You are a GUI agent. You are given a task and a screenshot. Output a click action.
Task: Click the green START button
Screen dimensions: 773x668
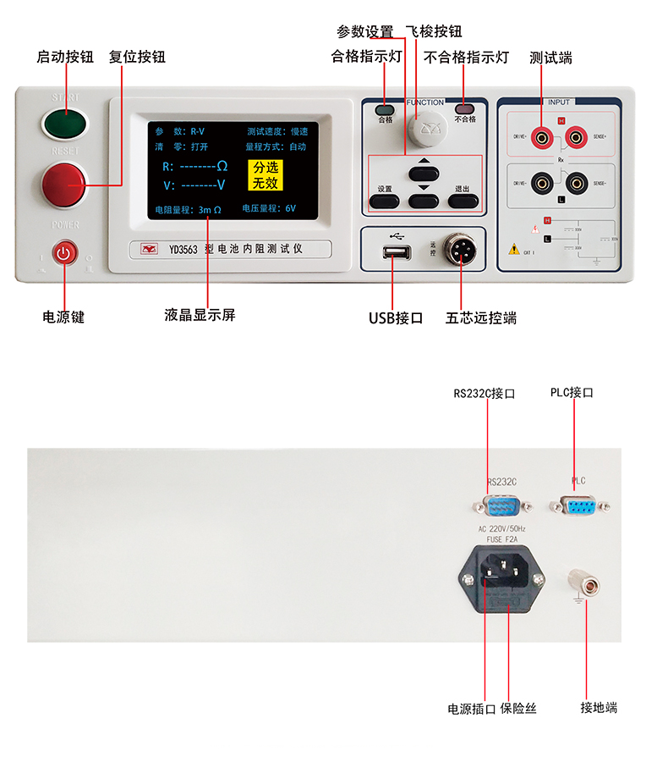(x=65, y=124)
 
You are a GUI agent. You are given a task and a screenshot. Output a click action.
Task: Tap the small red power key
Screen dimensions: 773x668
(x=65, y=253)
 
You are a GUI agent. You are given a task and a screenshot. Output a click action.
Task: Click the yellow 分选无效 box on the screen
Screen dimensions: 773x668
(x=265, y=175)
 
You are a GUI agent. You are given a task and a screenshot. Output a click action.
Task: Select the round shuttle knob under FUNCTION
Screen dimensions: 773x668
(x=424, y=128)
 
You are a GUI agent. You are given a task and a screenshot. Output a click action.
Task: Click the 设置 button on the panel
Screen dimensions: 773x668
(x=385, y=201)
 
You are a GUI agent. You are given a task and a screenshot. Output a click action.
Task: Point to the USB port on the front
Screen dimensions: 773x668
(x=397, y=253)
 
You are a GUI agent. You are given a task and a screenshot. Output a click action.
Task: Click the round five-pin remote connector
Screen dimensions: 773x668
(x=457, y=251)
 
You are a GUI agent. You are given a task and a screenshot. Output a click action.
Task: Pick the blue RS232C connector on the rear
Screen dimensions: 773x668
(x=501, y=506)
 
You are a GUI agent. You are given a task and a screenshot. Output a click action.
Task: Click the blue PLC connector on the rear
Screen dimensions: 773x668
(x=579, y=506)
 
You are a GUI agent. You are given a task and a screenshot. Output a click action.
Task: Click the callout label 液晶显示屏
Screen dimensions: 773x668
(x=200, y=315)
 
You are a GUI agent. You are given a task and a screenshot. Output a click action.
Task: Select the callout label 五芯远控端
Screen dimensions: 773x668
(x=481, y=318)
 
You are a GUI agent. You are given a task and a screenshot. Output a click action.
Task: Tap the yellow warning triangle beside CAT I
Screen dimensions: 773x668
(x=513, y=250)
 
